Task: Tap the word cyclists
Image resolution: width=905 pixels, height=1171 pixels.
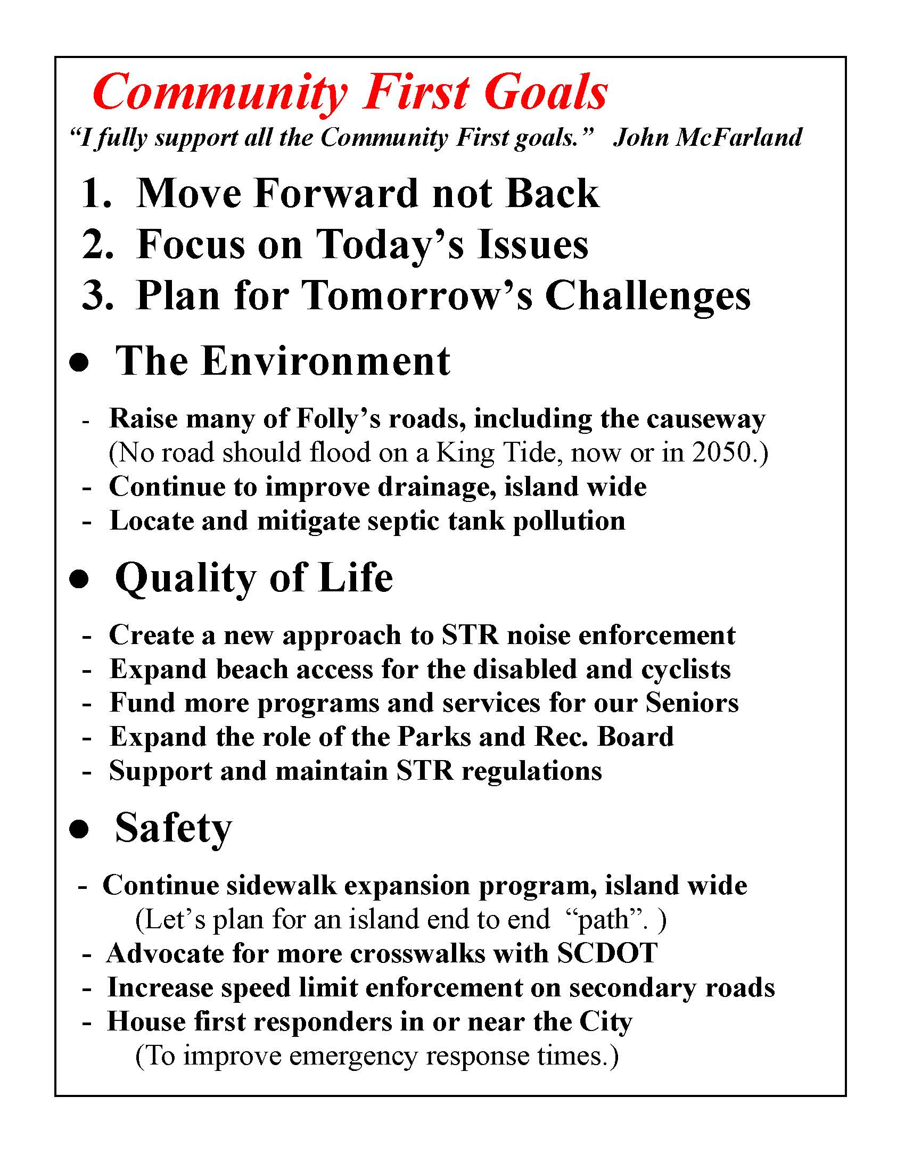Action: click(x=686, y=669)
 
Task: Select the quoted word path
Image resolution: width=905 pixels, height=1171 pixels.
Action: click(x=603, y=919)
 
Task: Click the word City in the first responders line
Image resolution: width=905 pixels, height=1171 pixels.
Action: click(x=605, y=1021)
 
